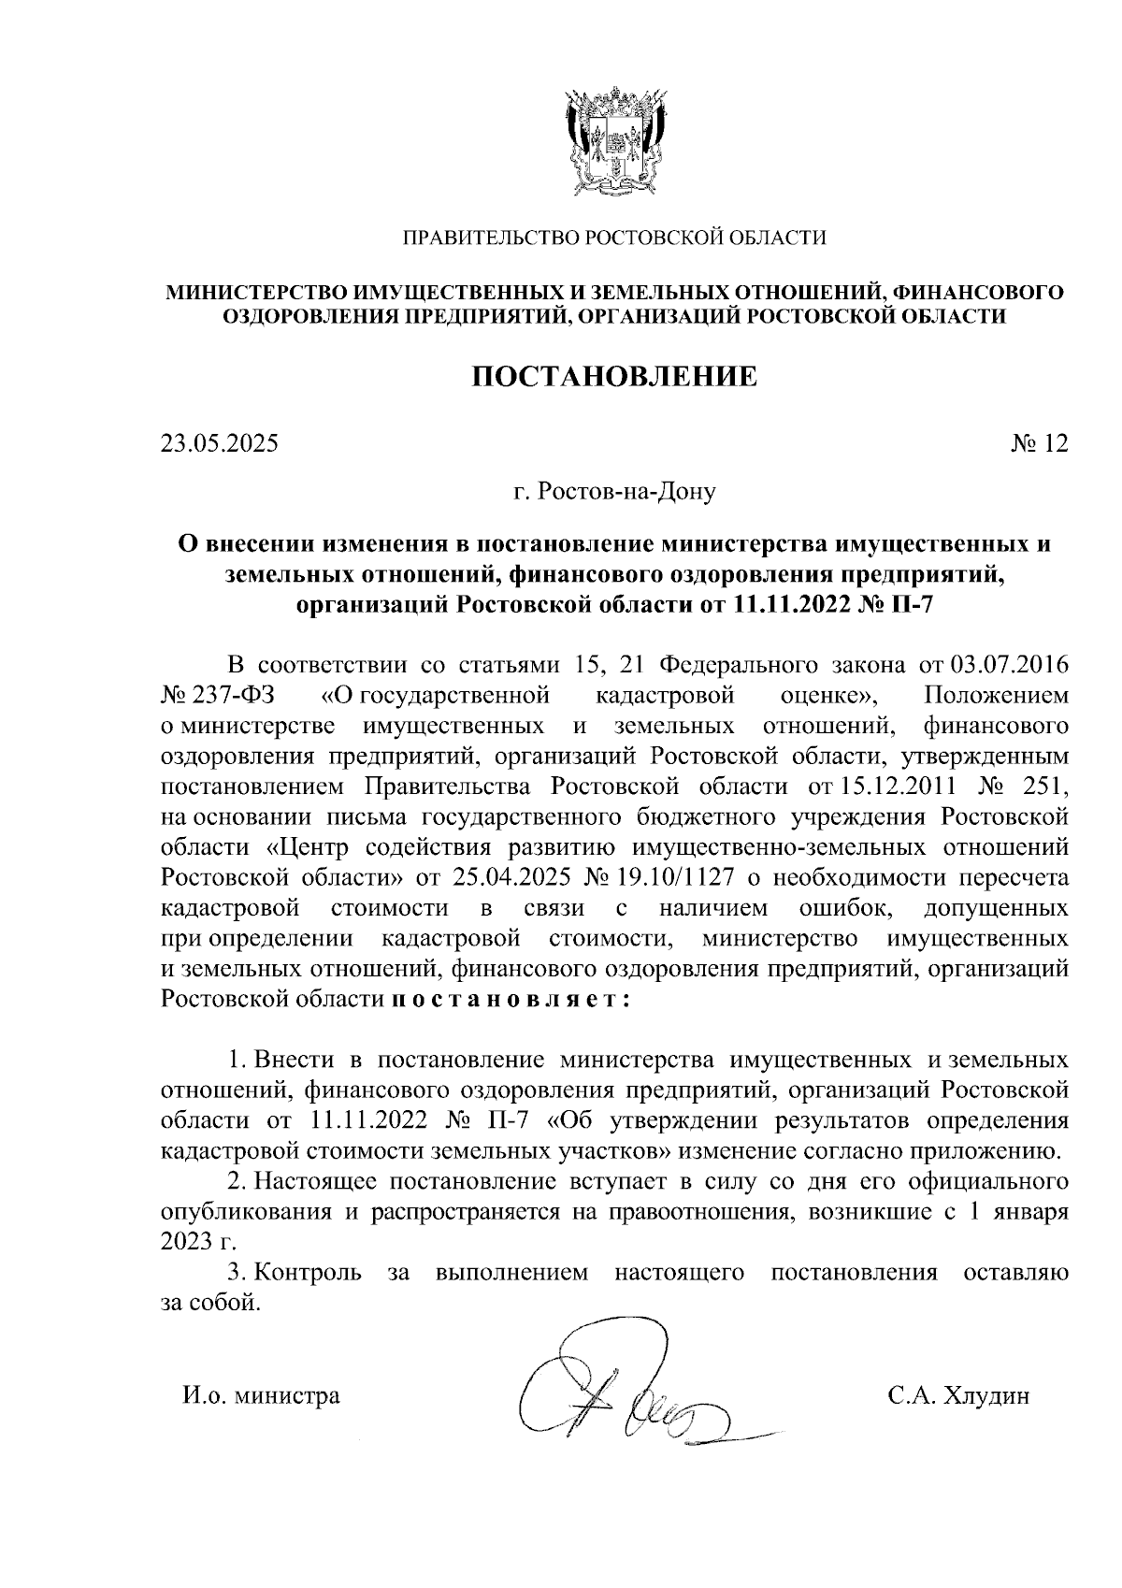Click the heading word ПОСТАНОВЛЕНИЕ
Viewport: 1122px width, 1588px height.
tap(613, 377)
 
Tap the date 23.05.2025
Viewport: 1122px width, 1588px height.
tap(220, 443)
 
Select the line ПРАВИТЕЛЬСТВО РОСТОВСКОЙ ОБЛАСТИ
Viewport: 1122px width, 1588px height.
tap(613, 238)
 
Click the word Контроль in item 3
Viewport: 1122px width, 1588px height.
tap(309, 1272)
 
